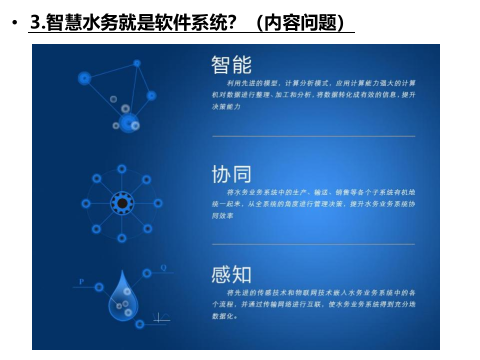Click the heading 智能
point(231,65)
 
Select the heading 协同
point(231,174)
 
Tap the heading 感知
point(231,274)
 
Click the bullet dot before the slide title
point(15,23)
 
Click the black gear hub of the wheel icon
point(121,203)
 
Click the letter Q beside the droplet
point(163,267)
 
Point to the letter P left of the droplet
point(81,282)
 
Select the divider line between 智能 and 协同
point(313,136)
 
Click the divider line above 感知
point(313,244)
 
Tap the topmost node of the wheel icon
point(121,169)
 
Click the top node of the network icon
point(137,63)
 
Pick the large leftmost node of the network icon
point(84,78)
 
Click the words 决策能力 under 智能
point(226,106)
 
